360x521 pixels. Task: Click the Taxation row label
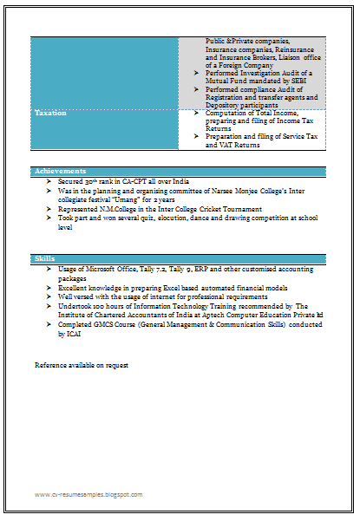point(49,114)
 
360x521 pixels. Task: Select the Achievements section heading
point(60,171)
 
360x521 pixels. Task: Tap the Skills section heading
point(44,259)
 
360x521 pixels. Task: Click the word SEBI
point(292,81)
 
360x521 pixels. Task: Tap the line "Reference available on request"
point(82,365)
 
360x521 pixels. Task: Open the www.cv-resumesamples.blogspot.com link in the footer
point(88,494)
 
